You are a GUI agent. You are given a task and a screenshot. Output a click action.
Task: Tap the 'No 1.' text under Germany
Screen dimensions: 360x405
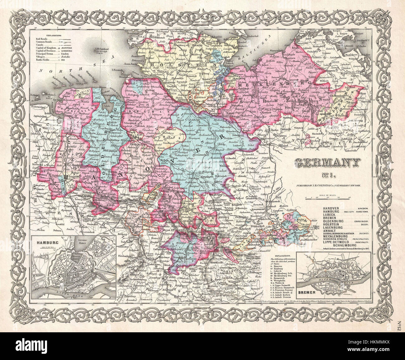327,176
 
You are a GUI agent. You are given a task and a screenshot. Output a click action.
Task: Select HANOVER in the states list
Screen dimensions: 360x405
332,208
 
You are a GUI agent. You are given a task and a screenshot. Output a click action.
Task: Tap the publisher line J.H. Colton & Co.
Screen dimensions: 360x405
327,185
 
